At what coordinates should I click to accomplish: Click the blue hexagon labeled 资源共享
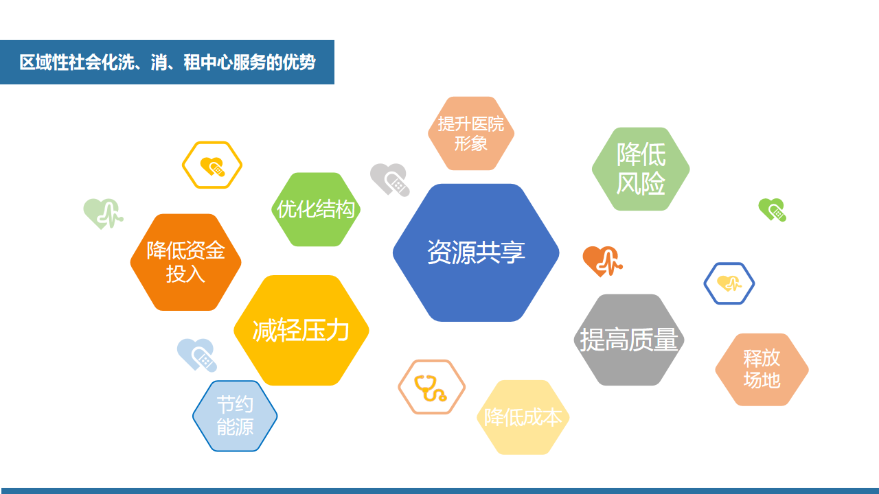click(476, 252)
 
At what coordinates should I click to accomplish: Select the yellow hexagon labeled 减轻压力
click(301, 330)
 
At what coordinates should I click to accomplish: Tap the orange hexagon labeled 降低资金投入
click(185, 262)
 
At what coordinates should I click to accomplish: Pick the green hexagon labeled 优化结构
click(316, 209)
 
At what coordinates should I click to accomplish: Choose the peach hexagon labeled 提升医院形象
click(471, 133)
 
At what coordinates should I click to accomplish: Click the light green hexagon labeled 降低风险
click(641, 169)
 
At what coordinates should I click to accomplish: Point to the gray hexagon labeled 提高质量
click(629, 340)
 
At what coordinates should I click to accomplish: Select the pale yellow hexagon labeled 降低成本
click(523, 417)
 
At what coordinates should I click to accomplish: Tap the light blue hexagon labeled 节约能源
click(235, 416)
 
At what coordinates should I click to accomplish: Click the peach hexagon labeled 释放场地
click(762, 369)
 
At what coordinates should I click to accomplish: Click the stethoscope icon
click(431, 388)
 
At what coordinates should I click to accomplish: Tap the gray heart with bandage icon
click(389, 179)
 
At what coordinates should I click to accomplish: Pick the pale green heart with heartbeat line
click(103, 213)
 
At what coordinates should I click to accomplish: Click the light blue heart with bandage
click(197, 355)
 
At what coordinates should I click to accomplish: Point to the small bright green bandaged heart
click(773, 210)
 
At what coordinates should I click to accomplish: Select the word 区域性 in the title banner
click(44, 62)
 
